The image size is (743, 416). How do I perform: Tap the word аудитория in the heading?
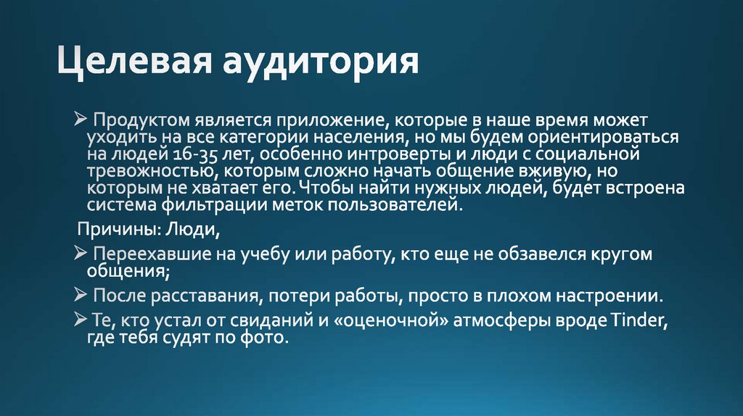(320, 63)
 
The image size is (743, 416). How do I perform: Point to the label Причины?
(112, 230)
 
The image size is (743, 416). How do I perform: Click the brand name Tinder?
(638, 321)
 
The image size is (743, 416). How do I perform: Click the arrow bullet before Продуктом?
(81, 119)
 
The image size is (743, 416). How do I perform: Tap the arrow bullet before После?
(81, 296)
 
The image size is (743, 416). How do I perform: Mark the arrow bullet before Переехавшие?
(81, 254)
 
